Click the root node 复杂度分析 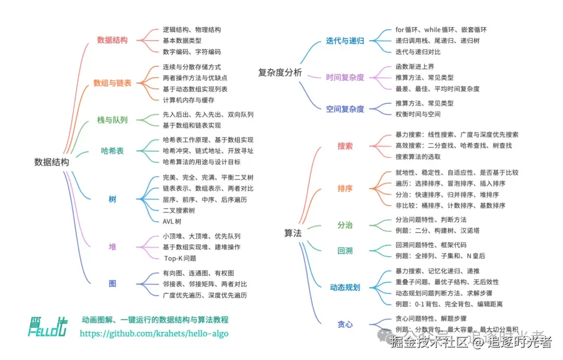coord(280,73)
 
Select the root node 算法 coord(293,233)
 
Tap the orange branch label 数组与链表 coord(112,83)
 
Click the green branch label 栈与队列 coord(112,119)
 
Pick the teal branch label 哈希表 coord(112,151)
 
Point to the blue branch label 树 coord(112,199)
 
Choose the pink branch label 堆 coord(112,247)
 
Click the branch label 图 coord(112,284)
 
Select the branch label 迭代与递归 coord(345,41)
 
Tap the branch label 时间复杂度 coord(345,78)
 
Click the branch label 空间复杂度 coord(345,109)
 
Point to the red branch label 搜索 coord(345,146)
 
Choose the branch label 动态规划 coord(345,287)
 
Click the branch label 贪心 coord(345,324)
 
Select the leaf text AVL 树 coord(172,221)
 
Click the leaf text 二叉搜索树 coord(179,210)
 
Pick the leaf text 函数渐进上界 coord(415,67)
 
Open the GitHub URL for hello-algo coord(154,333)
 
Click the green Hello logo coord(47,326)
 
